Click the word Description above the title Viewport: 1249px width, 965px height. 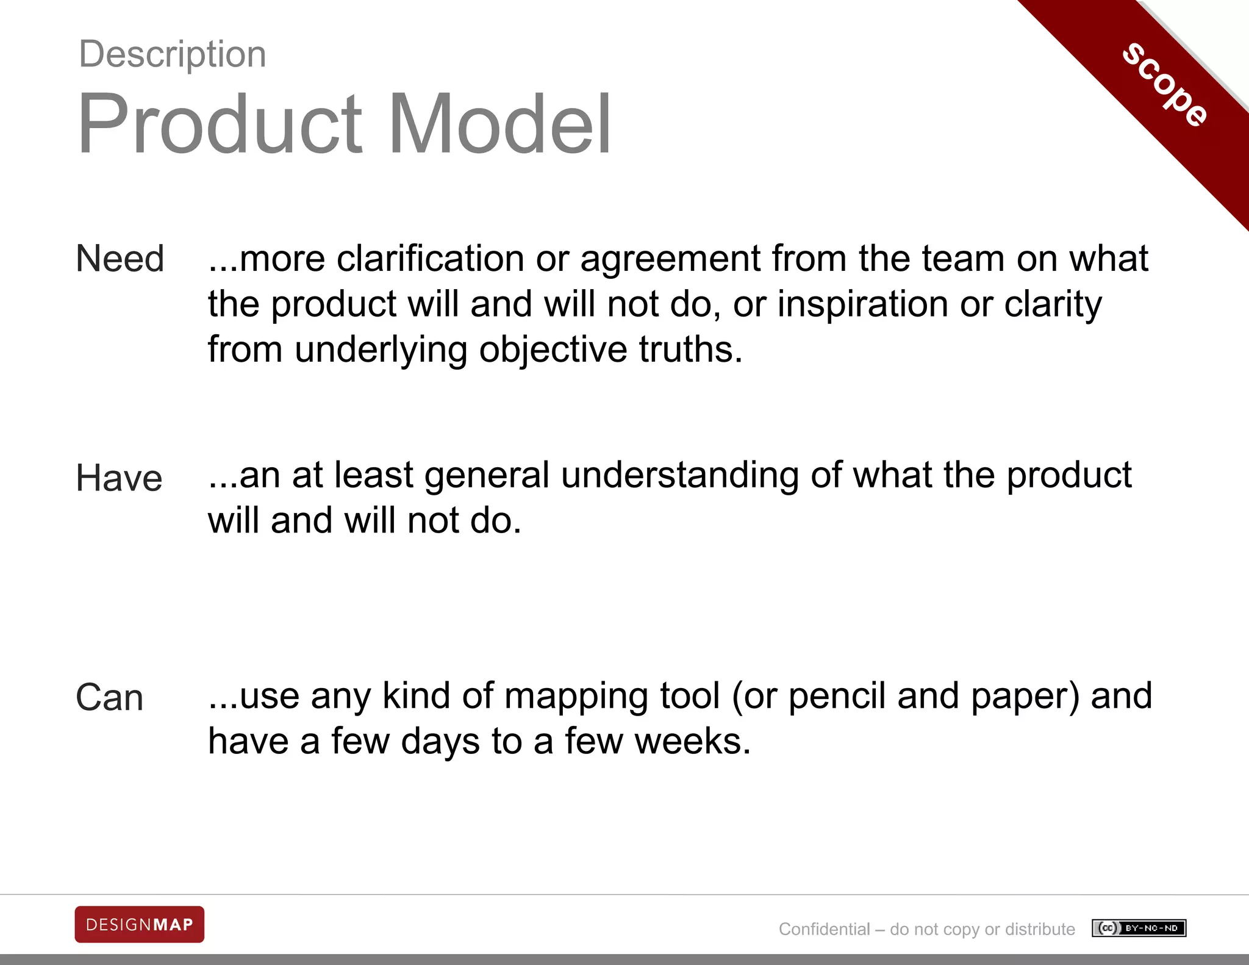[173, 54]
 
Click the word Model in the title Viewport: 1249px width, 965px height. [500, 124]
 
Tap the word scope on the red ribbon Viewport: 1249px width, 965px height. [1165, 85]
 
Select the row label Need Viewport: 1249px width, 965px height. [120, 258]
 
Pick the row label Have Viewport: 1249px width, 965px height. [119, 478]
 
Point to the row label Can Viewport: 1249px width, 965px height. [109, 697]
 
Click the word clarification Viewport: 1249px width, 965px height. [430, 258]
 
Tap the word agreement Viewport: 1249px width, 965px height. [670, 259]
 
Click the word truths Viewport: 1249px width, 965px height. [690, 350]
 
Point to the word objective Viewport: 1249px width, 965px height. [553, 351]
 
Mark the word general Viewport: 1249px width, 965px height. [487, 476]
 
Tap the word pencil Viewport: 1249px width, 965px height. [837, 697]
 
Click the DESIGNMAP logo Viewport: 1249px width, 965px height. [139, 925]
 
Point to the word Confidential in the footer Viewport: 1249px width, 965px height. [824, 929]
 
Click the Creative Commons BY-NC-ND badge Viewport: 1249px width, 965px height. [1139, 928]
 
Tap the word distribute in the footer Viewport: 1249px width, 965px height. [1040, 929]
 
